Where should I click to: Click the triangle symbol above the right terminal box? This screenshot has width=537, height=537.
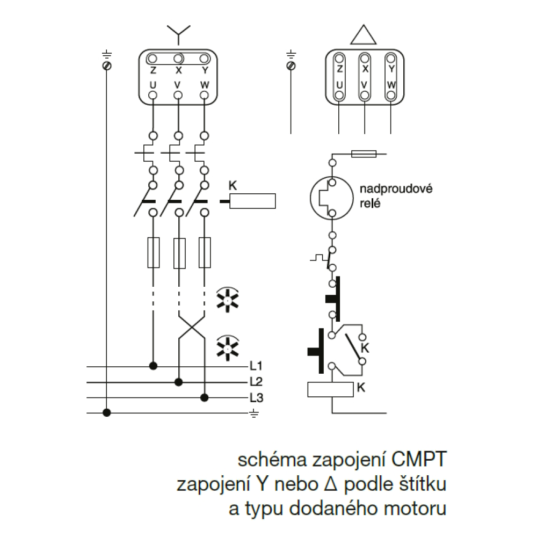(364, 33)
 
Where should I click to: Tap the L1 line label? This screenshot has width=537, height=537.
(256, 367)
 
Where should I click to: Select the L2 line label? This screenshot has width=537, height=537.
(256, 382)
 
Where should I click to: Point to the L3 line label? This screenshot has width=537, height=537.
(256, 398)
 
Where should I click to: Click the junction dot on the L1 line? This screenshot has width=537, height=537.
(153, 366)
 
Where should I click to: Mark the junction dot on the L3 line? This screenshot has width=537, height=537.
(204, 397)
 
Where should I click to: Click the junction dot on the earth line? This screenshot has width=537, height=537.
(107, 413)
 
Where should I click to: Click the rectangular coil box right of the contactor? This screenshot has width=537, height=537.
(252, 201)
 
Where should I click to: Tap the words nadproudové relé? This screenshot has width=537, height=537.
(380, 196)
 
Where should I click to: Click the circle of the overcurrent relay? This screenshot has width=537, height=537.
(332, 198)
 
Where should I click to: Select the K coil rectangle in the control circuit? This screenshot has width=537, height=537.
(330, 389)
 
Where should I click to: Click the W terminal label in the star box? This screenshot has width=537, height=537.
(204, 85)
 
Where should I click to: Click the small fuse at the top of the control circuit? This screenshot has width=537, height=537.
(364, 154)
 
